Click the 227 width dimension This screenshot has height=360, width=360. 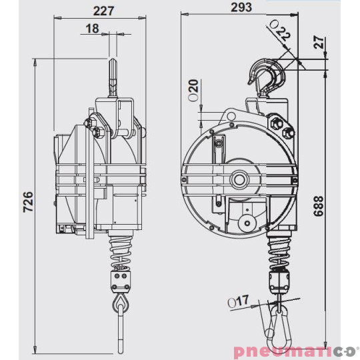click(103, 10)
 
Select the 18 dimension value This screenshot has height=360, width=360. click(92, 28)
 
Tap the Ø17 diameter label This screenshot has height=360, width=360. click(237, 302)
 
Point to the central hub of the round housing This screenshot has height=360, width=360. click(239, 181)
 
